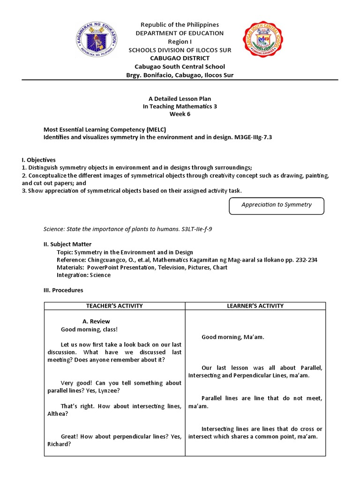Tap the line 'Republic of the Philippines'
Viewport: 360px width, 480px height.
click(180, 24)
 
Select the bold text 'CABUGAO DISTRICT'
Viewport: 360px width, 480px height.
click(180, 58)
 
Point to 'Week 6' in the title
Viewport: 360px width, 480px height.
click(180, 114)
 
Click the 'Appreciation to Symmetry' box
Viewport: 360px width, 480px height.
click(276, 205)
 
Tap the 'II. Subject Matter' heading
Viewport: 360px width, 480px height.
click(67, 244)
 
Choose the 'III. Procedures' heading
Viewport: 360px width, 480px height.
click(63, 290)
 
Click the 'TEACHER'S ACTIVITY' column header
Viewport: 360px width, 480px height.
click(114, 306)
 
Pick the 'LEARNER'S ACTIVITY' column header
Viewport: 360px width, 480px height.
click(255, 306)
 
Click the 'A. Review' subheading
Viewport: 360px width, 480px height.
click(96, 321)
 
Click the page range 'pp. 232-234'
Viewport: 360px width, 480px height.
click(300, 260)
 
